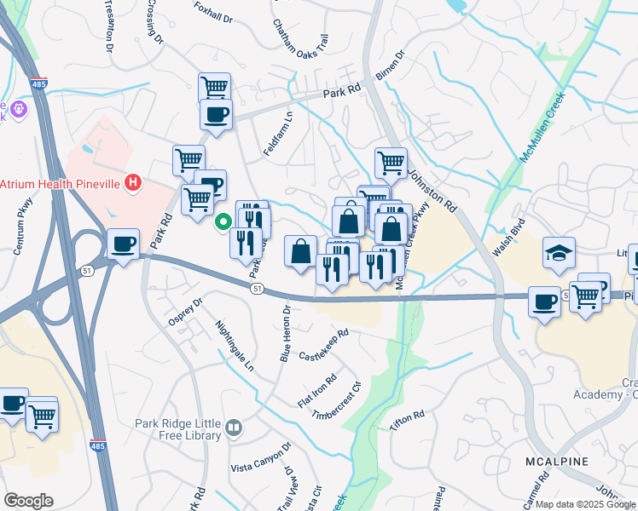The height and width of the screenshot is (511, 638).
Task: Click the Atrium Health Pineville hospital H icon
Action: [132, 182]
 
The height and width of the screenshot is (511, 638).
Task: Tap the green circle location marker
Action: [223, 223]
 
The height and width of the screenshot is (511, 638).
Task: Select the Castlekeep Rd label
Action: [325, 344]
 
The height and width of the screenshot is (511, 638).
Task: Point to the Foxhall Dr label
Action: [212, 14]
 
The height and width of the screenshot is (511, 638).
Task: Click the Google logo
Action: [28, 501]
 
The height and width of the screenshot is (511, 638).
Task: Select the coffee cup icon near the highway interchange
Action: [123, 244]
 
